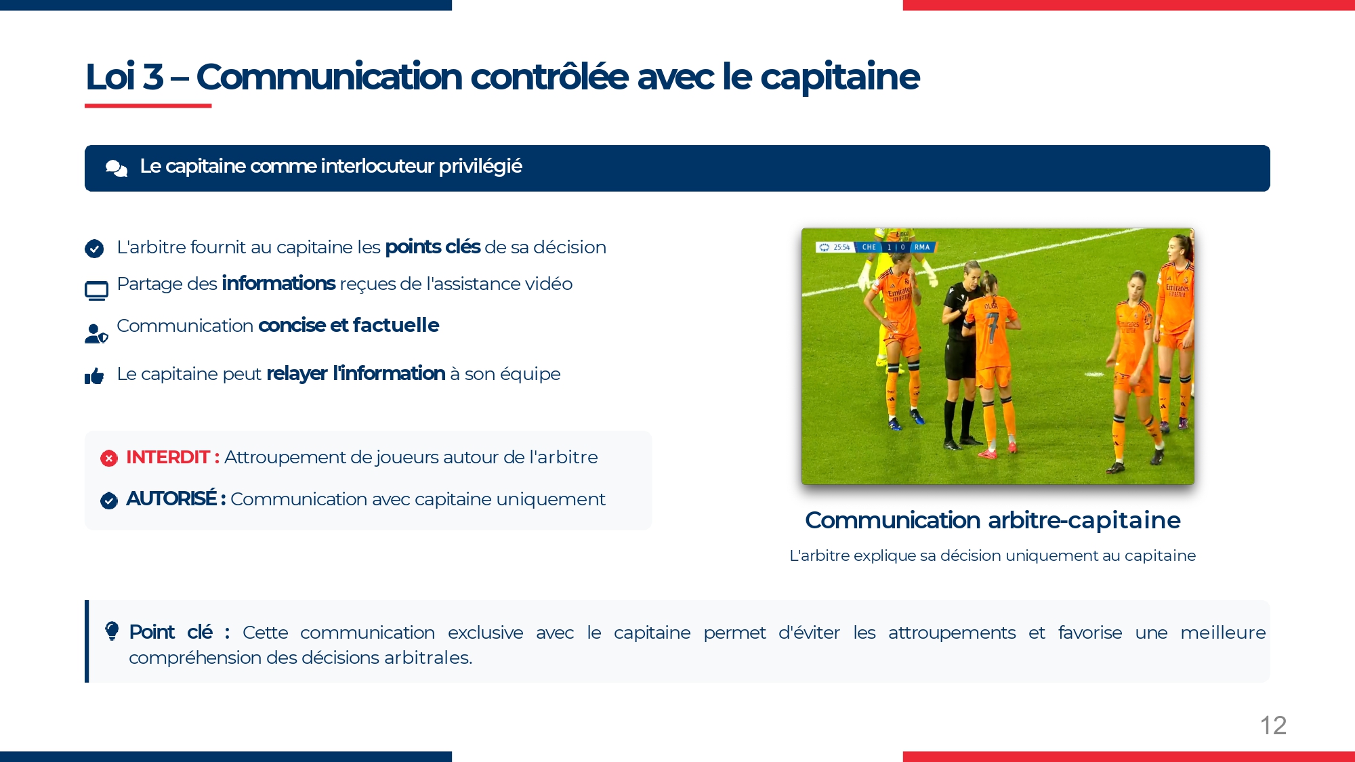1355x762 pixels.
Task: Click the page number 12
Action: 1273,725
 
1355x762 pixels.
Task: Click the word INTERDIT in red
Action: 167,457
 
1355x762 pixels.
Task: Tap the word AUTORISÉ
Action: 171,499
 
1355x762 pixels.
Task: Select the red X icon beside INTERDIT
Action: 109,459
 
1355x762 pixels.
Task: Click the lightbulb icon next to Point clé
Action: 112,631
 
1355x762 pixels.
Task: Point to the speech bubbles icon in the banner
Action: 117,168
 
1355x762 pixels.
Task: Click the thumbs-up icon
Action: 94,376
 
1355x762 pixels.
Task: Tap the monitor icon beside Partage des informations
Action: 96,291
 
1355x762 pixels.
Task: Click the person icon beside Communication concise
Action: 96,333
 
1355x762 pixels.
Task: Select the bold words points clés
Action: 433,247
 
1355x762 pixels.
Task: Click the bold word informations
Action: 278,283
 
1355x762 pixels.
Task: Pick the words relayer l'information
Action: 356,373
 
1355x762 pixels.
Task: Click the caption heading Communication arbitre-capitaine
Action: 993,520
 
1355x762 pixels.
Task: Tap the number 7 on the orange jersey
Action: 992,327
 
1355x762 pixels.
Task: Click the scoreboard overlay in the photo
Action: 875,247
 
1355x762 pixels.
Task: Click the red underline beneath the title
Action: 148,106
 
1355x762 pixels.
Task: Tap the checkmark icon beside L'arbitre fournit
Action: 94,249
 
